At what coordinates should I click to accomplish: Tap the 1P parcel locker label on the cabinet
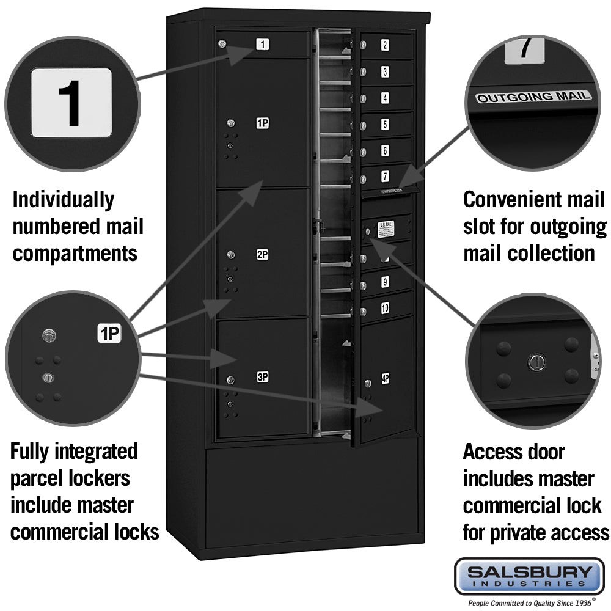tap(262, 123)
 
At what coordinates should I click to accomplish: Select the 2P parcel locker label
tap(262, 254)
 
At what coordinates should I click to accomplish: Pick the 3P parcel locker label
tap(262, 377)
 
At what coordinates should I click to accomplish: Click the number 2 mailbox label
tap(385, 45)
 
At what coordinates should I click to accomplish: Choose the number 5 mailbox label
tap(385, 124)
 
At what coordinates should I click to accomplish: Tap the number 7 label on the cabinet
tap(385, 177)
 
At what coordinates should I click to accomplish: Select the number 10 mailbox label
tap(385, 309)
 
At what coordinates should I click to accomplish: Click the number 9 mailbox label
tap(385, 282)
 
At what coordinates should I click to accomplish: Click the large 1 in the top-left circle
tap(71, 103)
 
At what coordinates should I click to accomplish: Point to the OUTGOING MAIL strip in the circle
tap(533, 97)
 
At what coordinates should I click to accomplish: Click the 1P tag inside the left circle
tap(110, 334)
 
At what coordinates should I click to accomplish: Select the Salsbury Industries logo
tap(529, 576)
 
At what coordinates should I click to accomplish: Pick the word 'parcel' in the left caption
tap(40, 478)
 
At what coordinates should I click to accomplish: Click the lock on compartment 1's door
tap(222, 43)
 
